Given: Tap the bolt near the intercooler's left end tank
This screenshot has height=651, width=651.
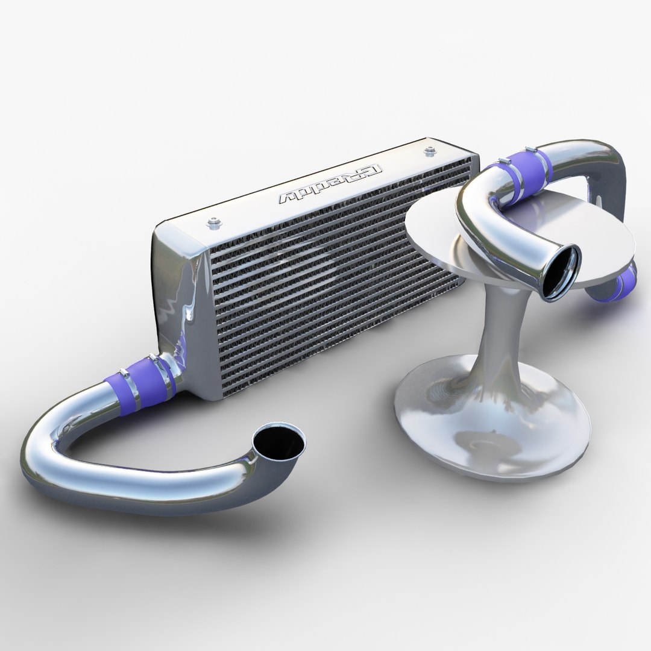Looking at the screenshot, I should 212,224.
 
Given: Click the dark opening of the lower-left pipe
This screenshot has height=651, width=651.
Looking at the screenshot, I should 278,444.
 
